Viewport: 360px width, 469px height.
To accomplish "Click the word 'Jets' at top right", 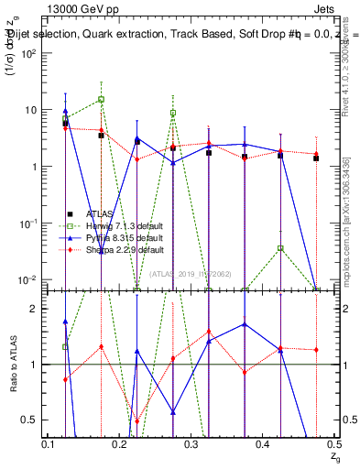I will point(327,8).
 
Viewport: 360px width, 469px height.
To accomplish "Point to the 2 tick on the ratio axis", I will point(35,309).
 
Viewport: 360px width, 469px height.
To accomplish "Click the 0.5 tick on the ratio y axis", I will point(30,420).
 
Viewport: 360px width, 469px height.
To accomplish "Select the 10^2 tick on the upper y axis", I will point(27,53).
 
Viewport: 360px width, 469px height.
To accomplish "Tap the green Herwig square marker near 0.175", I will point(102,99).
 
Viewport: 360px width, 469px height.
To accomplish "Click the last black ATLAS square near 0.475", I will point(316,158).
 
